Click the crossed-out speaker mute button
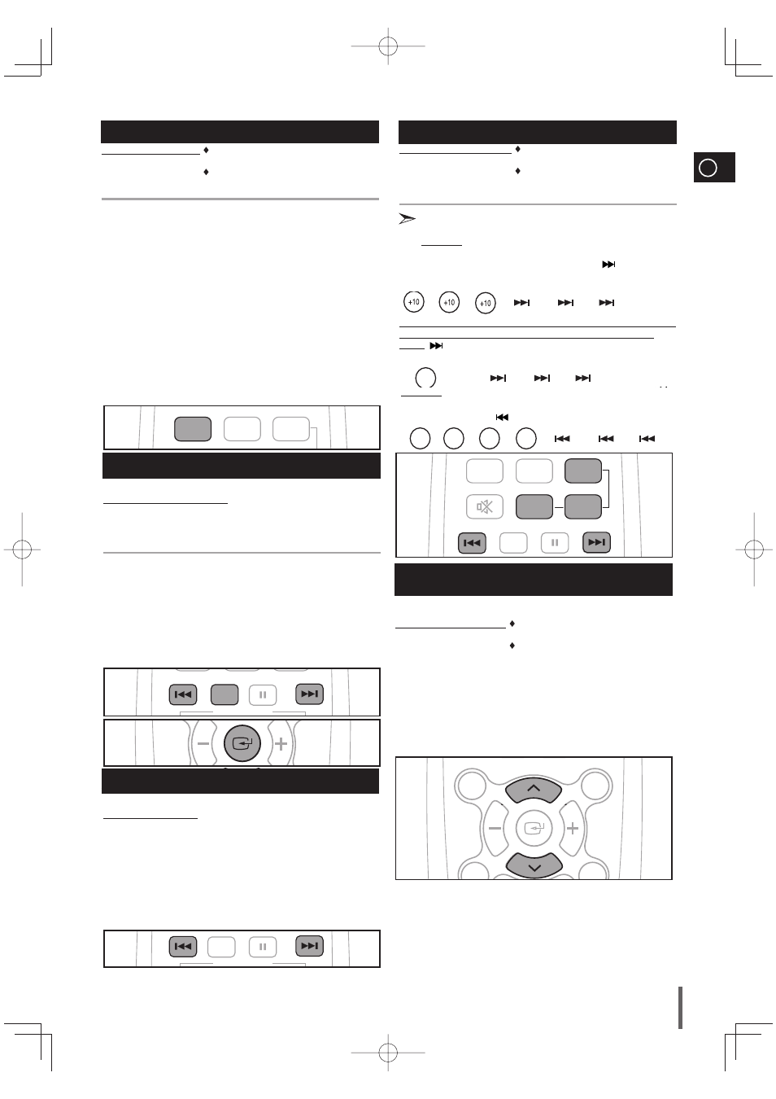[484, 506]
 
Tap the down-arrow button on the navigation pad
[534, 865]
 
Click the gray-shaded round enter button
[242, 743]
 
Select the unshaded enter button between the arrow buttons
[534, 829]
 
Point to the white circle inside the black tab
[708, 168]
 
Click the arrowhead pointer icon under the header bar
[407, 218]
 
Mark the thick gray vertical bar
[680, 1008]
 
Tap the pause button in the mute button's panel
[555, 543]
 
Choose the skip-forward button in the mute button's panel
[596, 542]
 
